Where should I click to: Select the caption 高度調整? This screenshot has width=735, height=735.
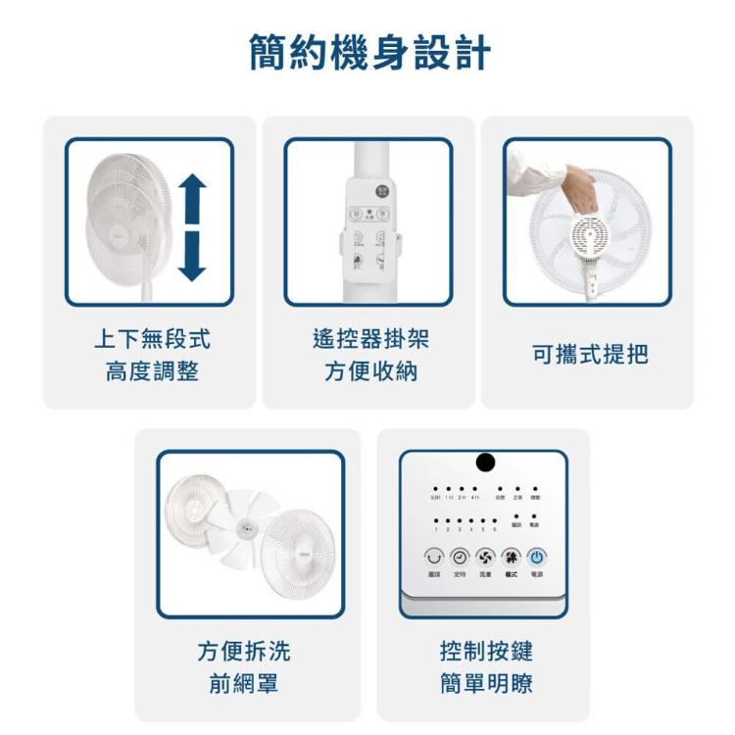tap(152, 372)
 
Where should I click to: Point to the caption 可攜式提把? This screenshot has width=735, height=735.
tap(589, 356)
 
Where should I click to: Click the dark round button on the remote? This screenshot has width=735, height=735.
tap(382, 191)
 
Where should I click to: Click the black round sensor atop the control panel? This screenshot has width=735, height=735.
tap(484, 463)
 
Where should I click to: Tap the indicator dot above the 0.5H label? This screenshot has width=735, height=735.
tap(435, 487)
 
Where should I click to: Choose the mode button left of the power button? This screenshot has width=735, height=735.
tap(511, 557)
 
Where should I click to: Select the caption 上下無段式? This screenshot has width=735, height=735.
tap(152, 339)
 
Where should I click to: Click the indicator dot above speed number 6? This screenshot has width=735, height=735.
tap(496, 520)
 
